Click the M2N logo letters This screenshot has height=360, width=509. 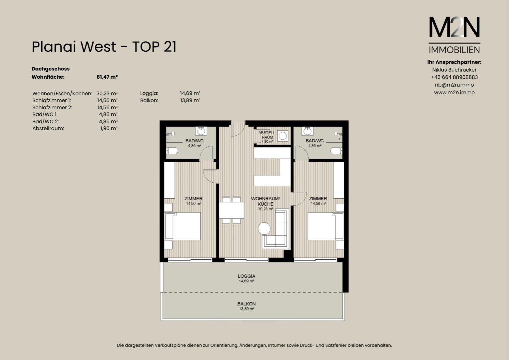[454, 27]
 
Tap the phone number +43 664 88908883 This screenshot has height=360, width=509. [454, 77]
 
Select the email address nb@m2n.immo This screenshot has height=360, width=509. [454, 85]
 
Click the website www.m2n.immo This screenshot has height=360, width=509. [454, 93]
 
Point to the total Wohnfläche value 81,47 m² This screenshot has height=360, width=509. [107, 77]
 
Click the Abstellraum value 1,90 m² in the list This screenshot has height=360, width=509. [109, 128]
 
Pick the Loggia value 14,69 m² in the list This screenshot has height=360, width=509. [190, 93]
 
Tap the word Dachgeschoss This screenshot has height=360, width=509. [50, 69]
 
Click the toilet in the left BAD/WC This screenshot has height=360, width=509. [172, 151]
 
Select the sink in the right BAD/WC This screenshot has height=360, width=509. [307, 131]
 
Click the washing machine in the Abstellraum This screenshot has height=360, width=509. [283, 136]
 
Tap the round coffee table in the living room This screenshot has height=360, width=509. [264, 228]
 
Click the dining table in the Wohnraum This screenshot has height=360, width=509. [231, 210]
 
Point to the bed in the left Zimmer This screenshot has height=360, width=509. [183, 226]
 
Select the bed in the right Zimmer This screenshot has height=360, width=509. [326, 226]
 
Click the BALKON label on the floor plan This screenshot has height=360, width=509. [246, 304]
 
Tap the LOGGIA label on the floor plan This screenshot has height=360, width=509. [247, 276]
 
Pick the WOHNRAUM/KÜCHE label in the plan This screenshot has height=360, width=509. [265, 201]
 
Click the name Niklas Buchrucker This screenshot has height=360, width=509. [454, 70]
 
